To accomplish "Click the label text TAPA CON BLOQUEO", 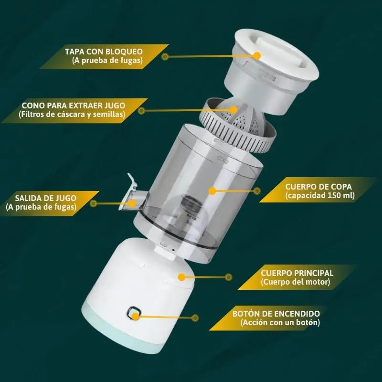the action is (104, 52).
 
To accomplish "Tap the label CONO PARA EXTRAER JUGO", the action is (74, 106).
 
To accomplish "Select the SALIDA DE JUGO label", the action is (45, 198).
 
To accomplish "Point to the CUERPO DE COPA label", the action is (318, 187).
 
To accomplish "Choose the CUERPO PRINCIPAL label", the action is (297, 273).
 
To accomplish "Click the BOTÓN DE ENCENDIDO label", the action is (276, 314).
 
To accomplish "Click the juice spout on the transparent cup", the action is (132, 195).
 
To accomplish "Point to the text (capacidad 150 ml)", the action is (320, 196).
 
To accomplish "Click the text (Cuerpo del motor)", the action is (295, 282).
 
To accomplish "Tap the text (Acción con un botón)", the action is (280, 323).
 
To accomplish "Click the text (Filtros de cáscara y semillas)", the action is (72, 115).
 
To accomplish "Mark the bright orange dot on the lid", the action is (257, 56).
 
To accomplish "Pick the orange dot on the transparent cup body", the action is (212, 191).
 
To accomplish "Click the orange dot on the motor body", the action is (181, 277).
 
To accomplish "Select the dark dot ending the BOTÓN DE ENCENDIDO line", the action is (195, 318).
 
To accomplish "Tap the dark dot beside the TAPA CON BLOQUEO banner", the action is (165, 57).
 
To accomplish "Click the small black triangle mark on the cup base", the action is (173, 250).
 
